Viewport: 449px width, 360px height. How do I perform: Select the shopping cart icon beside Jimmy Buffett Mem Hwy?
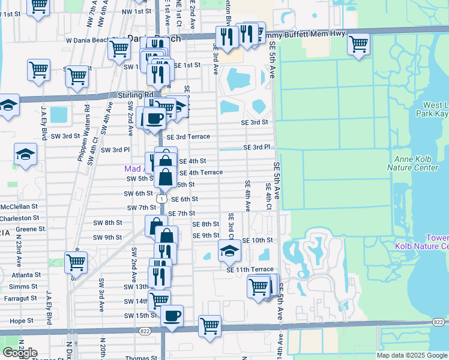click(358, 44)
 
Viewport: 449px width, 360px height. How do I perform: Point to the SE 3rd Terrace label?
click(188, 137)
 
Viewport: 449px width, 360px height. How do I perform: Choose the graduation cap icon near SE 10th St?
click(229, 251)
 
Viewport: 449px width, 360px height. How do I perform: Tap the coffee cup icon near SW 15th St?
click(172, 316)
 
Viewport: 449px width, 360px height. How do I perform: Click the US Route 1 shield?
click(161, 198)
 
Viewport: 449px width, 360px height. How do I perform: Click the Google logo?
click(20, 352)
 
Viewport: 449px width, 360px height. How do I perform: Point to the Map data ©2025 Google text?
click(412, 355)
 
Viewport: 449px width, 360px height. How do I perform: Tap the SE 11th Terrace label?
click(250, 270)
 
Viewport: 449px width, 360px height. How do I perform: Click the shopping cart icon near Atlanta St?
click(76, 262)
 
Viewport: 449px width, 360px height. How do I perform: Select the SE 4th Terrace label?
click(201, 172)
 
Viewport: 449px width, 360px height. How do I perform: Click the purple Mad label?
click(133, 169)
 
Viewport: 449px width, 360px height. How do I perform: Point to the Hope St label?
click(21, 321)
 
